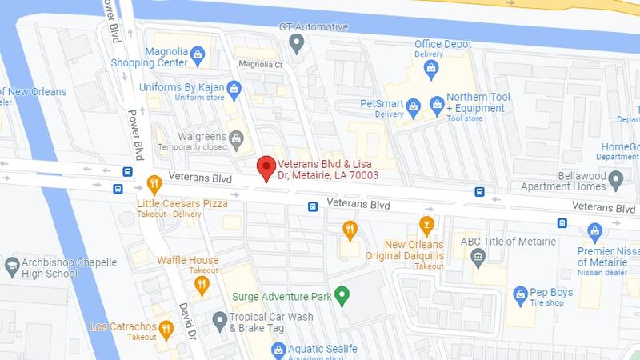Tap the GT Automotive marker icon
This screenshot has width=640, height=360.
[x=298, y=41]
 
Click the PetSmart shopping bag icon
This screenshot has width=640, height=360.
[x=414, y=106]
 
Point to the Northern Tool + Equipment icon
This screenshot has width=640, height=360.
[x=437, y=104]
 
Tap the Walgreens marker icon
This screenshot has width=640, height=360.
[x=236, y=141]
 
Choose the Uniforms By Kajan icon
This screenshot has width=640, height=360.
[x=234, y=88]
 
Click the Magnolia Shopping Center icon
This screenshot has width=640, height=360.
[x=198, y=58]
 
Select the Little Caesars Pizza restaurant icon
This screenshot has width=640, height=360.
[x=153, y=185]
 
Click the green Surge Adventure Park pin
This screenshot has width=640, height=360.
[x=342, y=296]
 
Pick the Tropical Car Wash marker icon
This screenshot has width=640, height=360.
[x=220, y=321]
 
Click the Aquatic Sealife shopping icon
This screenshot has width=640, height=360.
[x=278, y=349]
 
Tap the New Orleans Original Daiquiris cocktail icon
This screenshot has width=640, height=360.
[x=426, y=223]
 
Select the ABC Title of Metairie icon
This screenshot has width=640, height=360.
[x=478, y=257]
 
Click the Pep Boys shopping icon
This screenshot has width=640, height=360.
[x=520, y=294]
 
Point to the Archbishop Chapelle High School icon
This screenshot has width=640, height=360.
[x=12, y=264]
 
